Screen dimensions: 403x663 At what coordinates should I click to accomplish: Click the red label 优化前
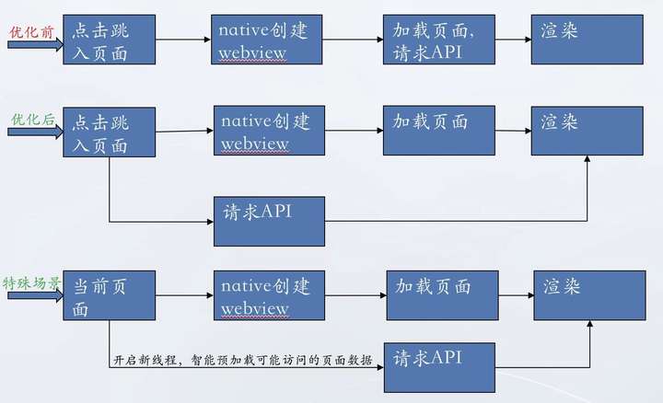tap(31, 30)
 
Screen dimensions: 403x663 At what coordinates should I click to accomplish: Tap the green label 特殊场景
tap(32, 282)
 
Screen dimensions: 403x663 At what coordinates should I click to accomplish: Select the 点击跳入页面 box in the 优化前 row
tap(108, 40)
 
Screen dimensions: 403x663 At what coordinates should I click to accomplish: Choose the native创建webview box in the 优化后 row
tap(269, 130)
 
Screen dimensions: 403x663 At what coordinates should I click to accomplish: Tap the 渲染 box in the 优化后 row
tap(587, 130)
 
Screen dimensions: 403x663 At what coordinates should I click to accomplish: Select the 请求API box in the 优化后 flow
tap(269, 221)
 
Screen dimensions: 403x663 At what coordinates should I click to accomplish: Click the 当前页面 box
tap(108, 295)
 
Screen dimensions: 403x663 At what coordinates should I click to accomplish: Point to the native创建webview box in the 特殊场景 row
tap(269, 295)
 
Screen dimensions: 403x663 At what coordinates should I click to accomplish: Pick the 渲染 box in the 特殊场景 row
tap(589, 295)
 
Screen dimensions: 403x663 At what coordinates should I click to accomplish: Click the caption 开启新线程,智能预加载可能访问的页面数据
tap(242, 360)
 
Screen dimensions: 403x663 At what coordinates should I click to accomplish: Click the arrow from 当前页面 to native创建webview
tap(183, 295)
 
